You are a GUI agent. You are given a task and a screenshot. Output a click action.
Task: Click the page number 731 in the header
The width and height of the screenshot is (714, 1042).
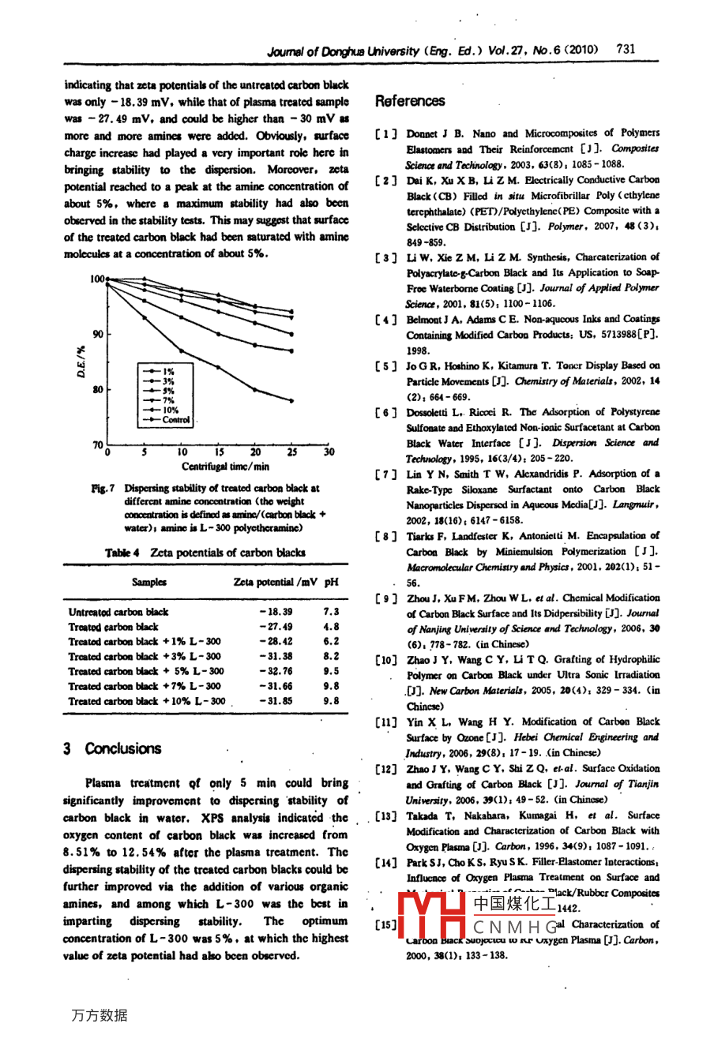click(626, 49)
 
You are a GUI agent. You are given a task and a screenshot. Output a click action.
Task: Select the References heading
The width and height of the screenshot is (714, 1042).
click(410, 101)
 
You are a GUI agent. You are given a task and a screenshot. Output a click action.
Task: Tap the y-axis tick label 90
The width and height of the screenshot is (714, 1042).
click(98, 334)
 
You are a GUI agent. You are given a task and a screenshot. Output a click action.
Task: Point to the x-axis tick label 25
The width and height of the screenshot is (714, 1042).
click(292, 452)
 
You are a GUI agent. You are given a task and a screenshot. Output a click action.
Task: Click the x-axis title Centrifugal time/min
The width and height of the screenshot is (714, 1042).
click(225, 467)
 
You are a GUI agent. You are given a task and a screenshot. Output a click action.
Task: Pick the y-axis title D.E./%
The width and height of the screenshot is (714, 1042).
click(81, 362)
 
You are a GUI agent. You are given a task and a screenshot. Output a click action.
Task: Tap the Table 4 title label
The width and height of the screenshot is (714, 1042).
click(124, 553)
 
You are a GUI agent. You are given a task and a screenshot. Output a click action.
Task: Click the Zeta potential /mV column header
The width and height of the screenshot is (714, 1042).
click(275, 582)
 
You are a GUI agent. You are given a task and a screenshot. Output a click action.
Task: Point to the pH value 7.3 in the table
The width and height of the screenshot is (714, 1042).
click(331, 612)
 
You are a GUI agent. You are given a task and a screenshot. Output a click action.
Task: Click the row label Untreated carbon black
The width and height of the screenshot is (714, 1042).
click(118, 612)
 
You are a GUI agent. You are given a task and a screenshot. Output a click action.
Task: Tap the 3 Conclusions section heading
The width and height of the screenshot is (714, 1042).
click(112, 748)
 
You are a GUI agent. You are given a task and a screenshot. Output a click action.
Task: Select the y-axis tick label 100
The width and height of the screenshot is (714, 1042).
click(96, 279)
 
